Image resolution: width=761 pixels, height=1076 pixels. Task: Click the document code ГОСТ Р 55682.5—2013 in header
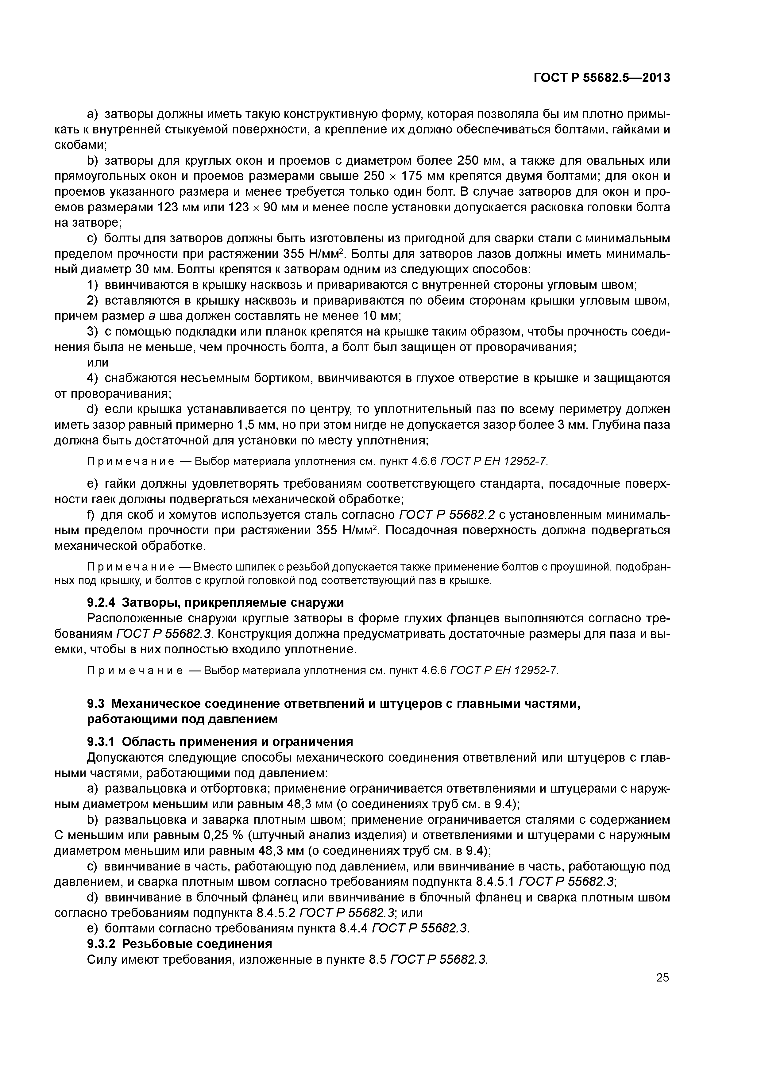tap(602, 78)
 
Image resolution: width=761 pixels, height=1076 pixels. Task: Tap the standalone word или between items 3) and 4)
tap(98, 362)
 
